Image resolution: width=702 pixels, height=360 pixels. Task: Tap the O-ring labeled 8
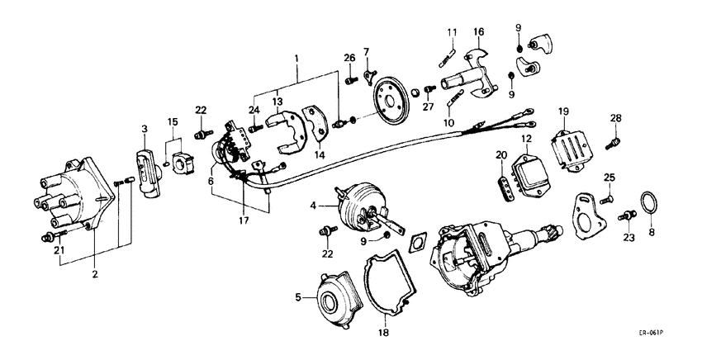(650, 201)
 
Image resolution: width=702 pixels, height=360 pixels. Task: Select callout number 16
(478, 32)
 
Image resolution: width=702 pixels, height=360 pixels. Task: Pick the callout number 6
(211, 181)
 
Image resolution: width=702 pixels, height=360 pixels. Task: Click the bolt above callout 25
(609, 197)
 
